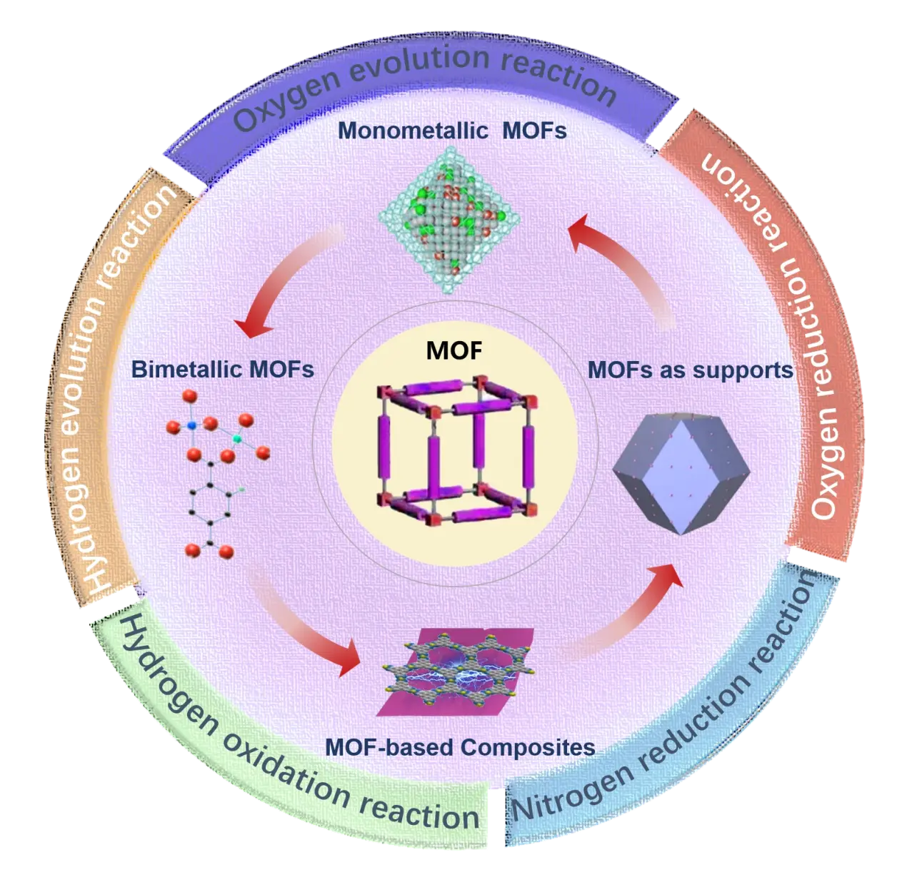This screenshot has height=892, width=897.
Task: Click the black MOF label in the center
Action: (x=453, y=350)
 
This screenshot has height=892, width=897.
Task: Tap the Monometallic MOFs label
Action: (x=452, y=131)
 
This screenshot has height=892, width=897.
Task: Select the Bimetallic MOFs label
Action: (x=223, y=370)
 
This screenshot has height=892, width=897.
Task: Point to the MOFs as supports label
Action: (x=691, y=370)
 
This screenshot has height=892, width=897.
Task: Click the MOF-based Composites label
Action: (x=460, y=748)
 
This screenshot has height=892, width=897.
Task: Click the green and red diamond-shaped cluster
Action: (x=449, y=220)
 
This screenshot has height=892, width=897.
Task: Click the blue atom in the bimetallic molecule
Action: (x=191, y=425)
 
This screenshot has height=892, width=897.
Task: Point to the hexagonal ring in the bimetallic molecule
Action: (x=211, y=504)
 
